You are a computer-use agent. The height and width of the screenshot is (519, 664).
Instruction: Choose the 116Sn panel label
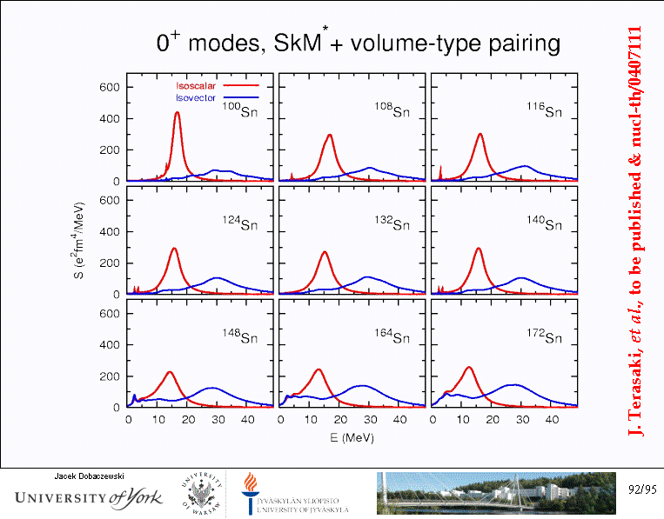[544, 110]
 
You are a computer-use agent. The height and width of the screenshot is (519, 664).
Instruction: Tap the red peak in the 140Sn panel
[479, 250]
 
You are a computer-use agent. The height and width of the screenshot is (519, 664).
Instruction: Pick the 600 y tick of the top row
[110, 87]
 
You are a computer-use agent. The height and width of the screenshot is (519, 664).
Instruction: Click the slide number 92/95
[642, 490]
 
